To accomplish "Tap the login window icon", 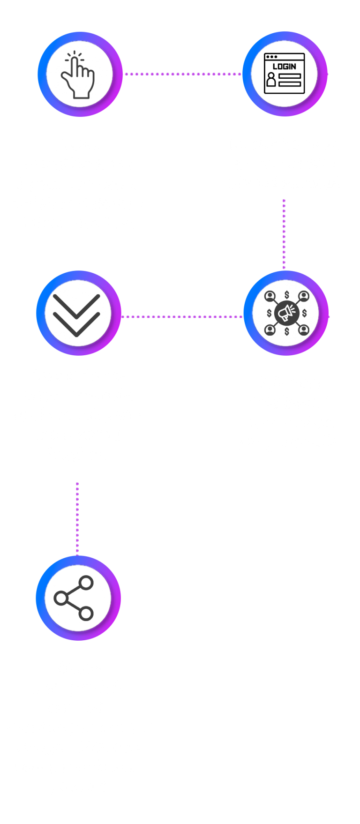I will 285,74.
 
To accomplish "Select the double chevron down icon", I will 76,314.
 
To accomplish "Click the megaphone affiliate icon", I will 286,313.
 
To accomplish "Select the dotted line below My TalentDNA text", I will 284,234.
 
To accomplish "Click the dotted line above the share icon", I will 77,518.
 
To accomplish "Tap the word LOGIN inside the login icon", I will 285,67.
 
